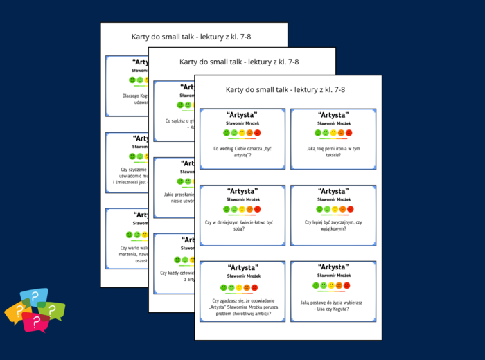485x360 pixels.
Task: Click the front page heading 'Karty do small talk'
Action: tap(285, 89)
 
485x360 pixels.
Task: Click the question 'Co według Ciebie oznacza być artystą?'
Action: tap(242, 151)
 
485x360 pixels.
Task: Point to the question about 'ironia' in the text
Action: tap(333, 151)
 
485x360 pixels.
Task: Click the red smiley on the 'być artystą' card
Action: tap(257, 132)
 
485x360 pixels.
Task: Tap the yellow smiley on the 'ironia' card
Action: tap(333, 132)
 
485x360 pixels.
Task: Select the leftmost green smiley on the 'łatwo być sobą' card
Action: tap(227, 208)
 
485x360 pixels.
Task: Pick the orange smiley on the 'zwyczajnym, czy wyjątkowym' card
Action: tap(341, 208)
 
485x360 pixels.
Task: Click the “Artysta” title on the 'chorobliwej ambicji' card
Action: tap(242, 267)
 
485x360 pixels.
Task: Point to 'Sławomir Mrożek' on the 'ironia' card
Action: tap(333, 123)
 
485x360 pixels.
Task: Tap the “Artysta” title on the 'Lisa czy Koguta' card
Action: tap(333, 267)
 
